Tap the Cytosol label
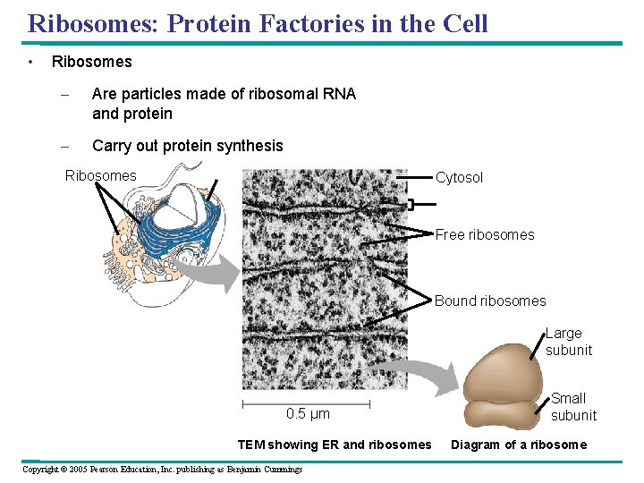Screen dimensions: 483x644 (x=459, y=178)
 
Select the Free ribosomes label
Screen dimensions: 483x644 (x=484, y=235)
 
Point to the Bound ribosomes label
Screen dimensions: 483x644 (x=489, y=301)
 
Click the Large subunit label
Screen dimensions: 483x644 (x=569, y=342)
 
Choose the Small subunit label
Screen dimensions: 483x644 (x=572, y=407)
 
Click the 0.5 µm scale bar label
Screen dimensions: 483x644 (x=308, y=414)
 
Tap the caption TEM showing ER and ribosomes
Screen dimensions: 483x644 (x=334, y=445)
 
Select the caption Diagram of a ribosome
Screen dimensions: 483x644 (x=519, y=445)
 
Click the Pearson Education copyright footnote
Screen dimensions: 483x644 (x=162, y=469)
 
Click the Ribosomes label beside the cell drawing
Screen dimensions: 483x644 (x=101, y=176)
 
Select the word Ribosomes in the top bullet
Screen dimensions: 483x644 (x=91, y=62)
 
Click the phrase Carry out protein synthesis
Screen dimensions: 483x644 (x=187, y=146)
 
